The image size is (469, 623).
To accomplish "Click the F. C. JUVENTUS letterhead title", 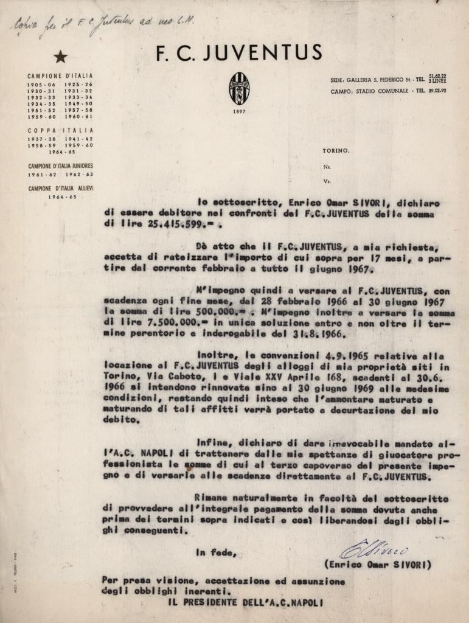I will click(239, 54).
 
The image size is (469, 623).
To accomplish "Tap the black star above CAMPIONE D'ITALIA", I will click(60, 57).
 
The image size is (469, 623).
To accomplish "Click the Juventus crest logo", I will click(239, 88).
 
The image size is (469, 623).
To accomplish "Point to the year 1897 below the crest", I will click(239, 112).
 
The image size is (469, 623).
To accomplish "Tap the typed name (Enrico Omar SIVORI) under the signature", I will click(378, 565).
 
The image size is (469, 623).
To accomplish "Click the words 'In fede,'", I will click(215, 552).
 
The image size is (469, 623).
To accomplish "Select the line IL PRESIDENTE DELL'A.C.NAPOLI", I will click(246, 602).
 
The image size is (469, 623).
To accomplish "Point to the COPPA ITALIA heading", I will click(60, 130).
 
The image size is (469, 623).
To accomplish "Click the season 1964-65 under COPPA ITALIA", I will click(60, 152).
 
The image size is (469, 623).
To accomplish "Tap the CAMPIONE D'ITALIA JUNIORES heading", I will click(60, 165).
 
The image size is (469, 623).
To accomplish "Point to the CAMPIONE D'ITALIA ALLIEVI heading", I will click(60, 189).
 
